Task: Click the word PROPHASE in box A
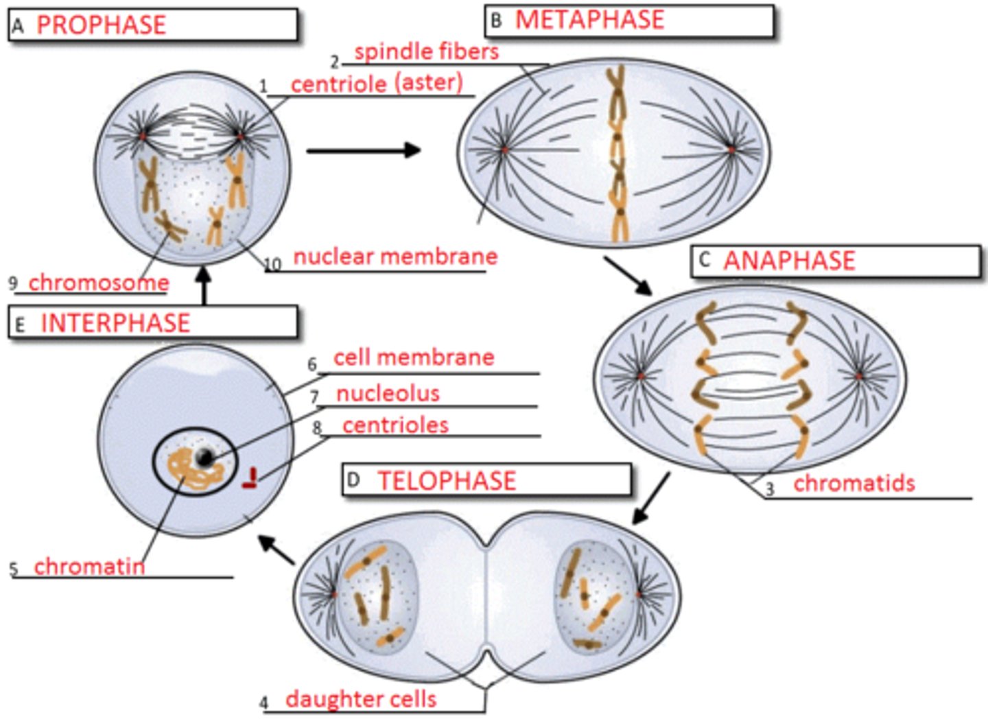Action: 101,25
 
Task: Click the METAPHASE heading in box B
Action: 589,20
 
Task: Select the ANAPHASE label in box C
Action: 789,261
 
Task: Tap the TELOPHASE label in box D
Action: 446,480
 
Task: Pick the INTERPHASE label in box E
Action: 115,322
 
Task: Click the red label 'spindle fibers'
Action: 426,51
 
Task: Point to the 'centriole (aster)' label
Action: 377,84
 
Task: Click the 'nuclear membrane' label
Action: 395,257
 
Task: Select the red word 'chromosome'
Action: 98,282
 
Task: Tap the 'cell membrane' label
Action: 413,357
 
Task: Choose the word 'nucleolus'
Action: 388,393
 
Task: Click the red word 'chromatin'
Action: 89,566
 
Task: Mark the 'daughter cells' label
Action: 361,699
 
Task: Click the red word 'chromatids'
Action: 854,483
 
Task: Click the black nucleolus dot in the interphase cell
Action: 204,458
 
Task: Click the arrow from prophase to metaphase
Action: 364,150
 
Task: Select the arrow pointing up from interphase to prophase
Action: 203,285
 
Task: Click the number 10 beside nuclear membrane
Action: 272,265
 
